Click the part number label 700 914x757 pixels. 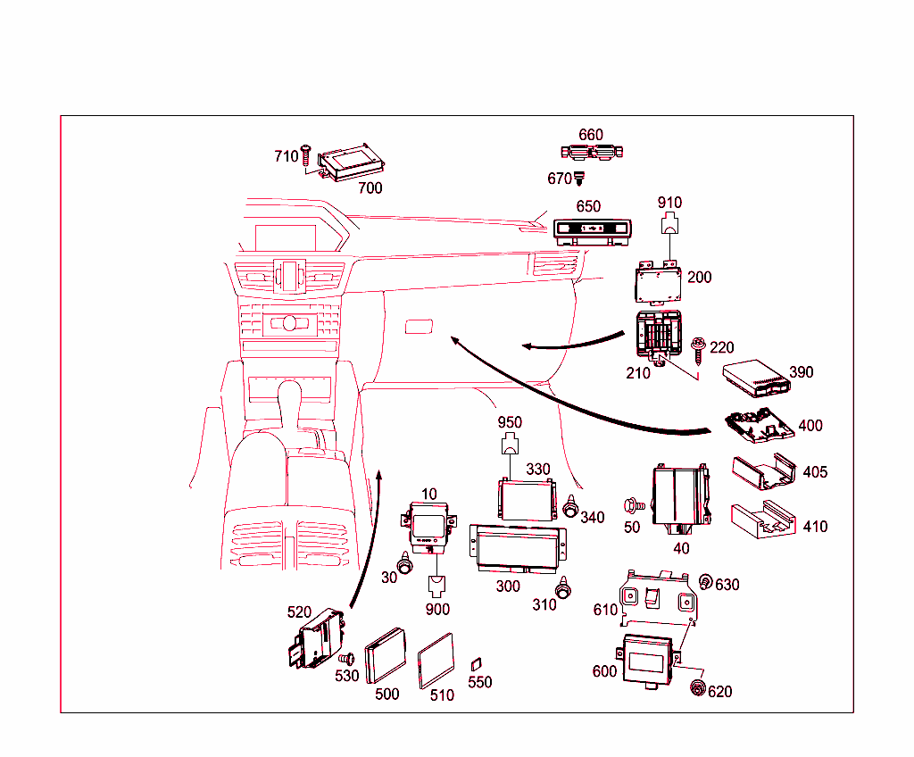[x=370, y=187]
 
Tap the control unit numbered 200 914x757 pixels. [x=659, y=283]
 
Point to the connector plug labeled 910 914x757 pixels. [x=669, y=226]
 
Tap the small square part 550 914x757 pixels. [x=477, y=663]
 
